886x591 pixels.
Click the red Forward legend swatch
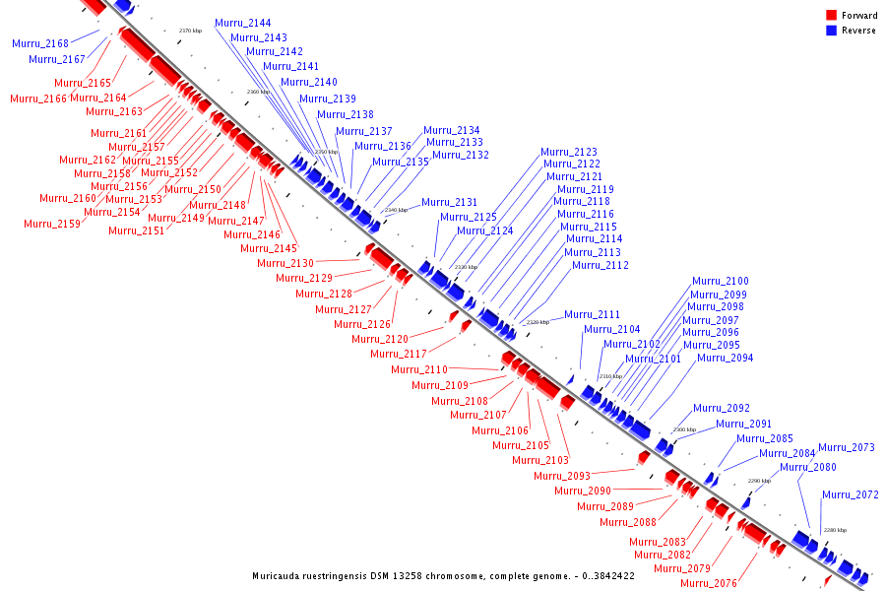[831, 16]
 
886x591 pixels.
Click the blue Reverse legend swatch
[831, 31]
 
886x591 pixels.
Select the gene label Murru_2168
[40, 44]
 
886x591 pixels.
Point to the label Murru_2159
[52, 225]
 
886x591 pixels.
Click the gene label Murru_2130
[285, 264]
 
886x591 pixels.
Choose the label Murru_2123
[569, 153]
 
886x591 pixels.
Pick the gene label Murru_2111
[593, 315]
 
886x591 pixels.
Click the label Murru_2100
[720, 282]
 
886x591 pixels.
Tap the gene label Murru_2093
[562, 477]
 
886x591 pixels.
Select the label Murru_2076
[709, 583]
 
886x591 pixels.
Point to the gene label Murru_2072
[851, 495]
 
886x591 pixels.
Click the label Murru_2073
[847, 448]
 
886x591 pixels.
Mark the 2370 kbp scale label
[191, 31]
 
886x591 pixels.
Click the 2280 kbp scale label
[835, 530]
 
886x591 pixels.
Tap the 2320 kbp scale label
[538, 322]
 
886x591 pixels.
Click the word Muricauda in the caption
[279, 576]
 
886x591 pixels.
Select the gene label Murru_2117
[399, 355]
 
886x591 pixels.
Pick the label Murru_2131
[450, 203]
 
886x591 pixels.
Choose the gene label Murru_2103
[540, 461]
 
